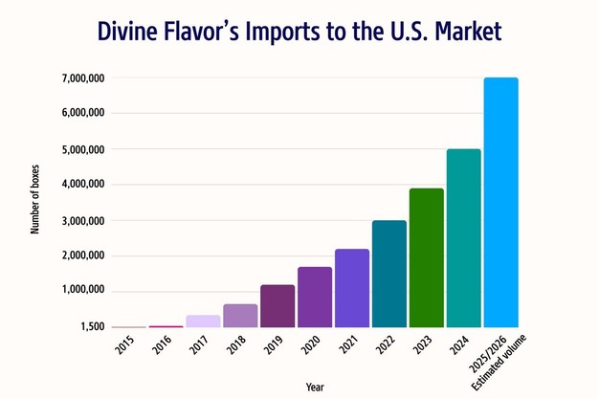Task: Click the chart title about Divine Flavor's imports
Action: tap(299, 32)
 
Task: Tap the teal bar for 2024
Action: tap(464, 238)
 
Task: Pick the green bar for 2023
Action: tap(427, 257)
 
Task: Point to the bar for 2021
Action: tap(352, 288)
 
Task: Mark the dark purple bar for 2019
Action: tap(277, 306)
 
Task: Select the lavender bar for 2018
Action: tap(240, 316)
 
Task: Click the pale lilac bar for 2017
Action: tap(203, 321)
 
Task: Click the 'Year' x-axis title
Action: tap(315, 386)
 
